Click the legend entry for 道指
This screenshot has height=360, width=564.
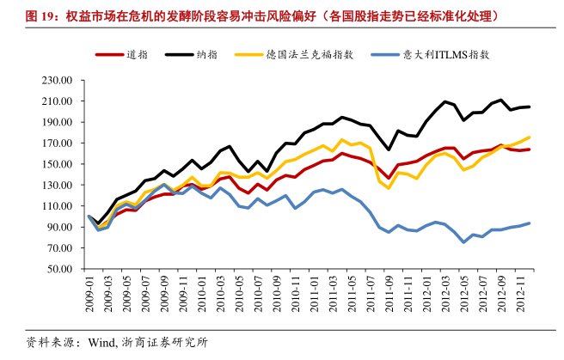click(x=121, y=55)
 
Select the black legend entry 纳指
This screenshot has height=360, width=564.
click(x=192, y=55)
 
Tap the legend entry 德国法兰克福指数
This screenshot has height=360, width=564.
click(x=294, y=55)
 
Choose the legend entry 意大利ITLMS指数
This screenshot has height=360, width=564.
click(x=430, y=55)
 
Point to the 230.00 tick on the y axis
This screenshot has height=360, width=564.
click(x=58, y=80)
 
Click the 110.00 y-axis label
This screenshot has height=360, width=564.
click(x=58, y=206)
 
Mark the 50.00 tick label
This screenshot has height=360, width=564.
click(x=59, y=269)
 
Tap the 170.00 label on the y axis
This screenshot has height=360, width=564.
click(x=58, y=143)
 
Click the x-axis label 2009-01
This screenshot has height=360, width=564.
click(x=89, y=294)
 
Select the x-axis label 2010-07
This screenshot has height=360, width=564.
click(x=258, y=294)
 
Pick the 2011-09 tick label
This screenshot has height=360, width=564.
click(x=389, y=294)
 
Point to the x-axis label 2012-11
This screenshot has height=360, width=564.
click(x=520, y=294)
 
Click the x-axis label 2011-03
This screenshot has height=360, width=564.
click(x=333, y=294)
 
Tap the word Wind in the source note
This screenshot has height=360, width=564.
click(x=102, y=343)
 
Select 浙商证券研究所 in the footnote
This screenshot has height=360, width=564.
click(x=164, y=343)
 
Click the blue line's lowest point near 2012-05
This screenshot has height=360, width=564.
click(x=463, y=242)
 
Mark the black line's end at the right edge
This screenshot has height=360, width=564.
click(x=529, y=107)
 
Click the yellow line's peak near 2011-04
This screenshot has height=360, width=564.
click(x=341, y=140)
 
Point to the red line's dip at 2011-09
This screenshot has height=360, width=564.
click(x=389, y=178)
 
